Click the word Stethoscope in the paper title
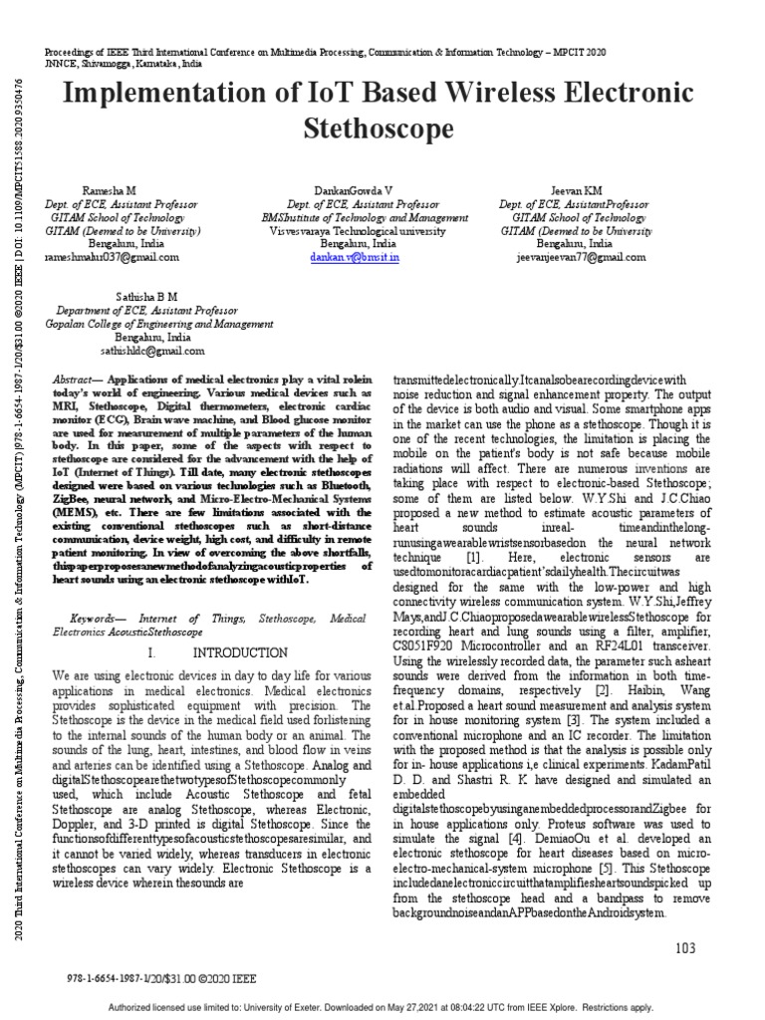383,129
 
